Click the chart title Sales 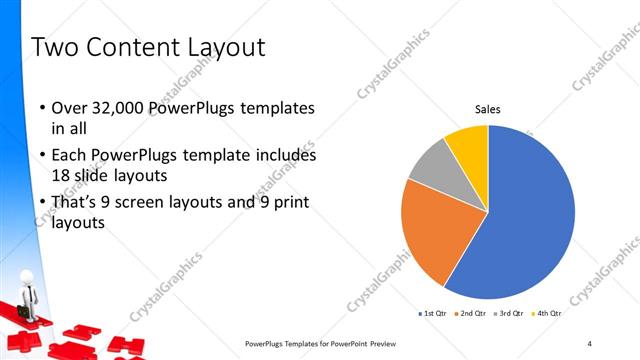487,109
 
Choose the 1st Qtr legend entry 434,314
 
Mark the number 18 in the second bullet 61,175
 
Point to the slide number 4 590,343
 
